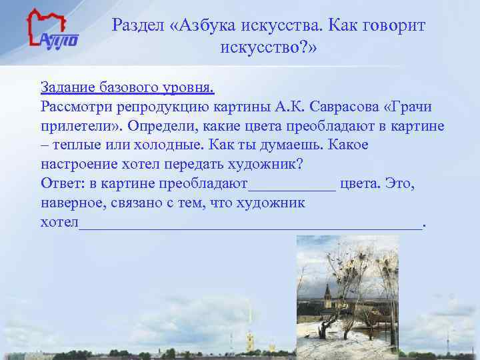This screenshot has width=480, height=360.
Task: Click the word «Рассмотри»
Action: pyautogui.click(x=75, y=107)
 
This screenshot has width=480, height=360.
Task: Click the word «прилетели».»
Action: pyautogui.click(x=81, y=126)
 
